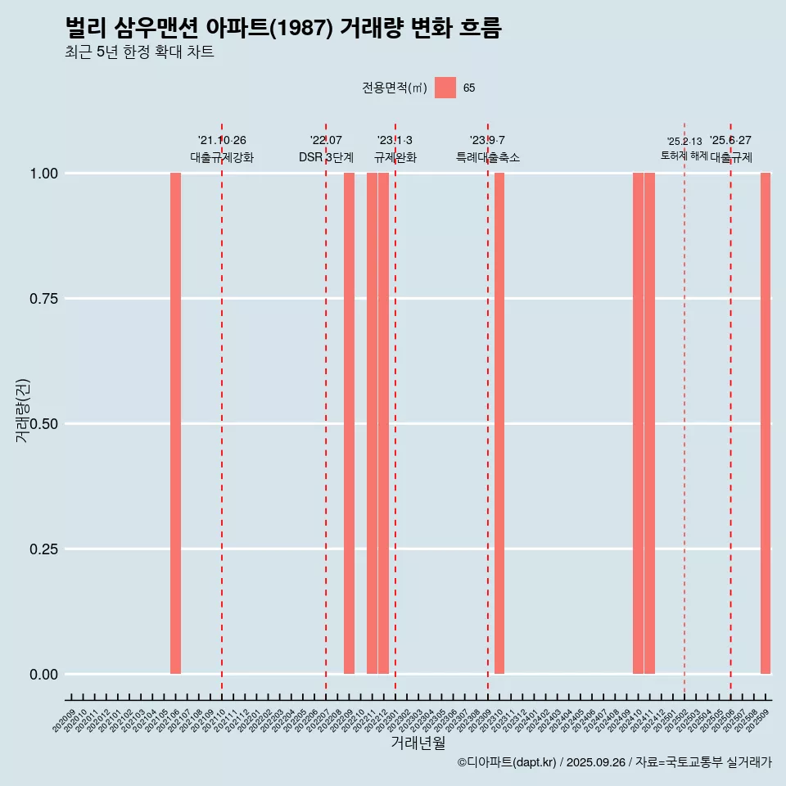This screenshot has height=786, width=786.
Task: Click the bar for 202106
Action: click(x=175, y=423)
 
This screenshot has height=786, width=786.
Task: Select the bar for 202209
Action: click(x=349, y=423)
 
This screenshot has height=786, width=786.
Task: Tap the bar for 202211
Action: click(x=372, y=423)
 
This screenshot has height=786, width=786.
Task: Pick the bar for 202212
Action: click(x=383, y=423)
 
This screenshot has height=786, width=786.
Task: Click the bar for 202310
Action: click(x=499, y=423)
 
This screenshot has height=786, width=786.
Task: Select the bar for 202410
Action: click(x=638, y=423)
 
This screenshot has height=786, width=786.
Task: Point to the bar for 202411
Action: click(x=649, y=423)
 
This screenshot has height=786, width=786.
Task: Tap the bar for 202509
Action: click(x=766, y=423)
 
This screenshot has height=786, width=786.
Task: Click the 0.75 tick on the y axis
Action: click(x=42, y=299)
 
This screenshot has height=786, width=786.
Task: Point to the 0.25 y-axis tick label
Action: click(x=42, y=549)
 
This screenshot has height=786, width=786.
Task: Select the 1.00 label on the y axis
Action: click(x=42, y=174)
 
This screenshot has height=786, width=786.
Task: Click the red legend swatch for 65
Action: click(x=445, y=88)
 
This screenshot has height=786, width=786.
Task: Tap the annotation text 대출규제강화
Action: click(x=222, y=157)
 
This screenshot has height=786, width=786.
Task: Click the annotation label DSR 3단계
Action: click(x=326, y=157)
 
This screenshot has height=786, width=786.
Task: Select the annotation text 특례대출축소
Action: click(x=488, y=157)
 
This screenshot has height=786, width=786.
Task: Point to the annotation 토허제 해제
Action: click(x=684, y=156)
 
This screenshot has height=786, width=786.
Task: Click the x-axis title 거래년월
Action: click(x=418, y=743)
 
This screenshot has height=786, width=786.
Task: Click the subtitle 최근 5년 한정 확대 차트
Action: click(x=139, y=52)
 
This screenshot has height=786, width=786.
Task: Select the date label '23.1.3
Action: click(x=395, y=140)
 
